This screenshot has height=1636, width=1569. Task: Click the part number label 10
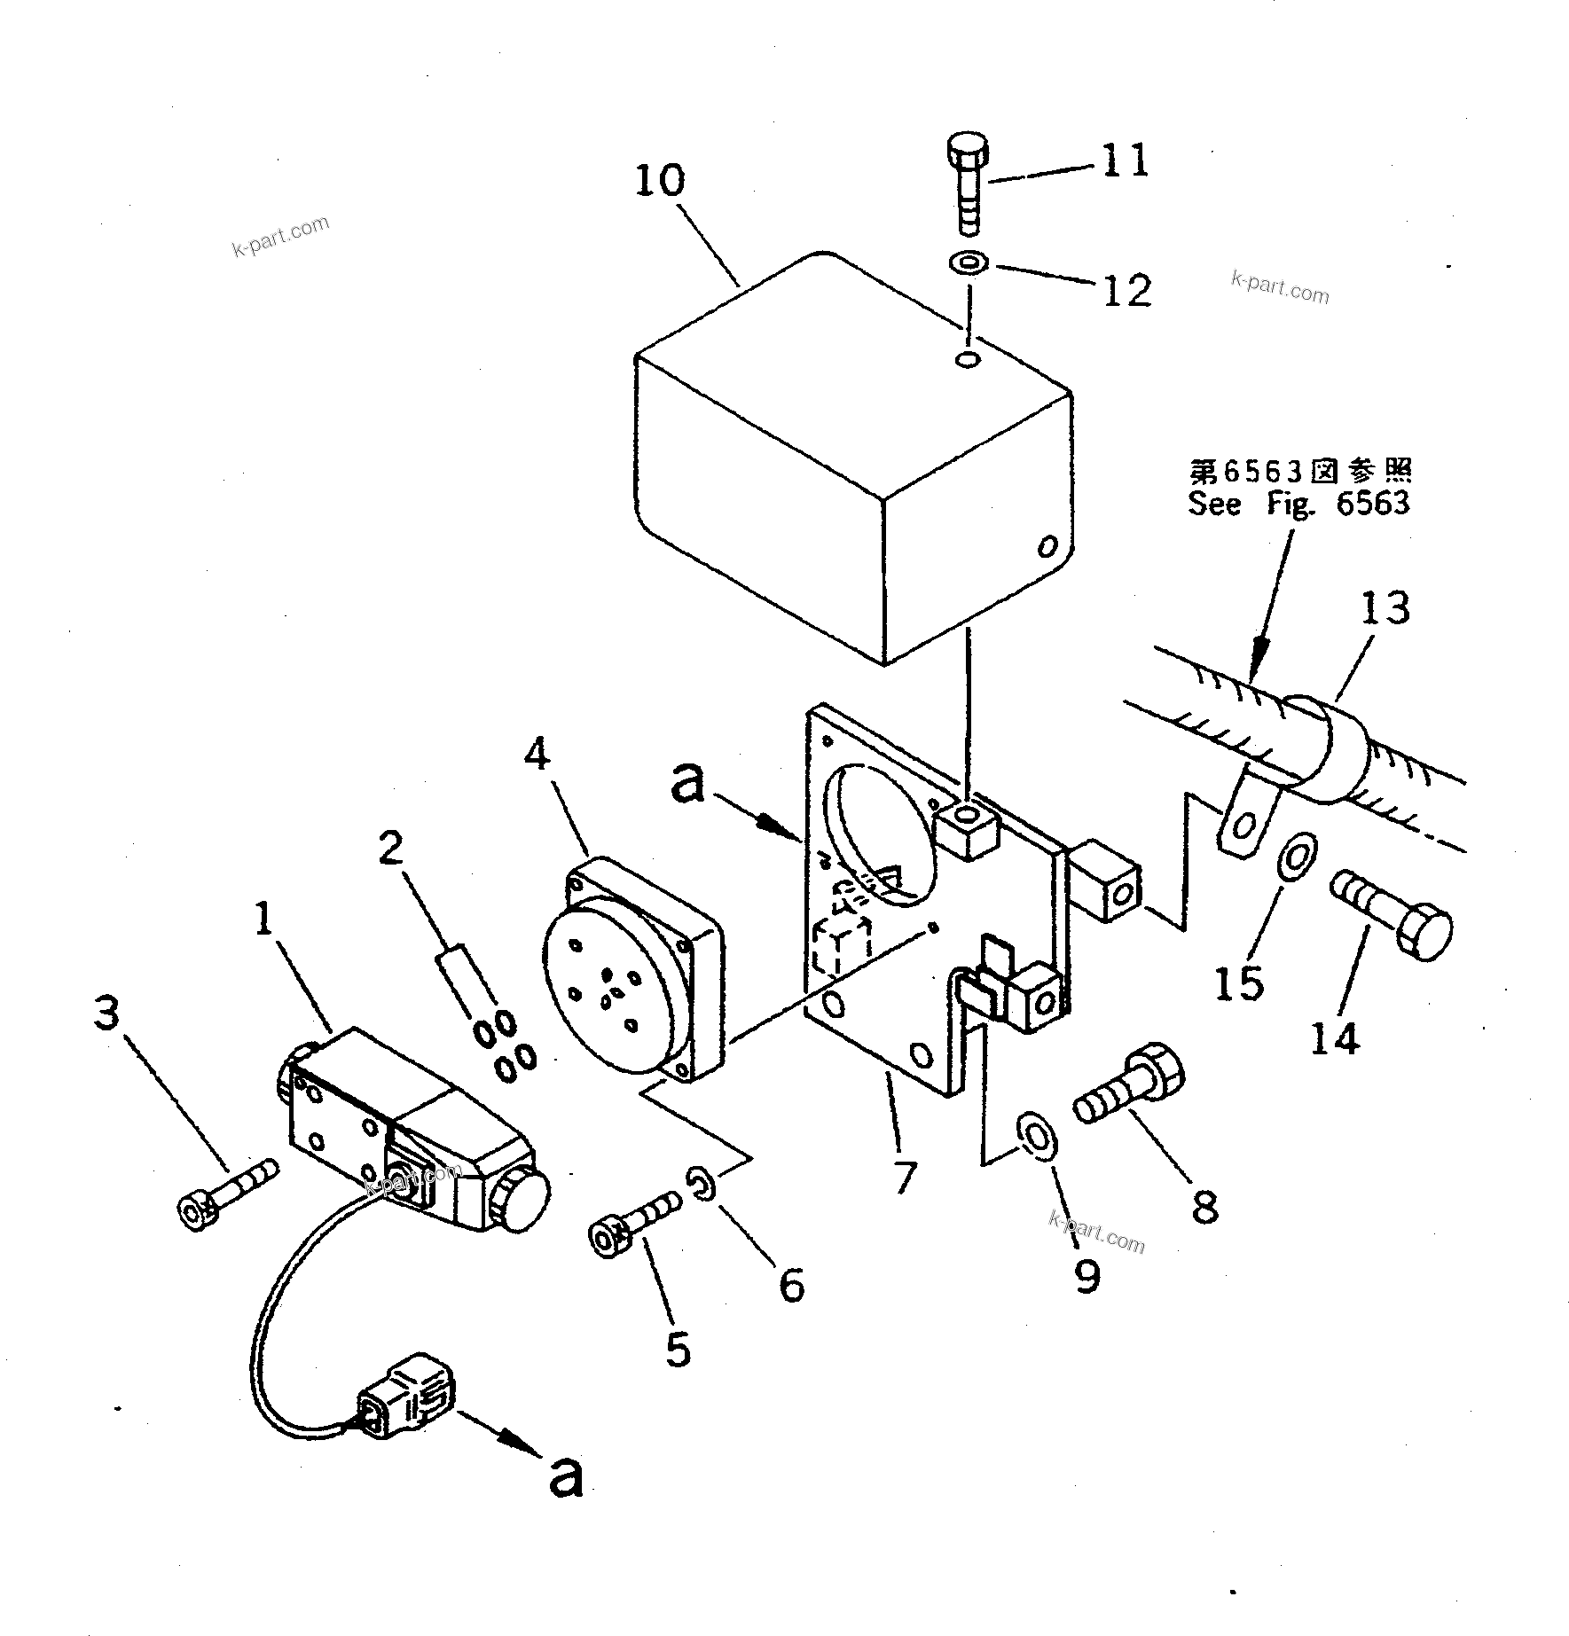pyautogui.click(x=660, y=181)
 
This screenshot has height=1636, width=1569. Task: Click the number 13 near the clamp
pyautogui.click(x=1385, y=609)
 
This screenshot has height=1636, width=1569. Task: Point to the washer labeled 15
pyautogui.click(x=1296, y=856)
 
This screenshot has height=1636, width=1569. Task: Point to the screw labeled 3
pyautogui.click(x=227, y=1189)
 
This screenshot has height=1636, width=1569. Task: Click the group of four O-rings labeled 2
pyautogui.click(x=505, y=1046)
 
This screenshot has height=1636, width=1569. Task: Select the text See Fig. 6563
pyautogui.click(x=1298, y=504)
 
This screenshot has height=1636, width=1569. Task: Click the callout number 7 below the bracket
pyautogui.click(x=904, y=1177)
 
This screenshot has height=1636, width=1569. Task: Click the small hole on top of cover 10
pyautogui.click(x=968, y=360)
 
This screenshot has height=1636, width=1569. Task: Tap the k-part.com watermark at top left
pyautogui.click(x=280, y=235)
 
